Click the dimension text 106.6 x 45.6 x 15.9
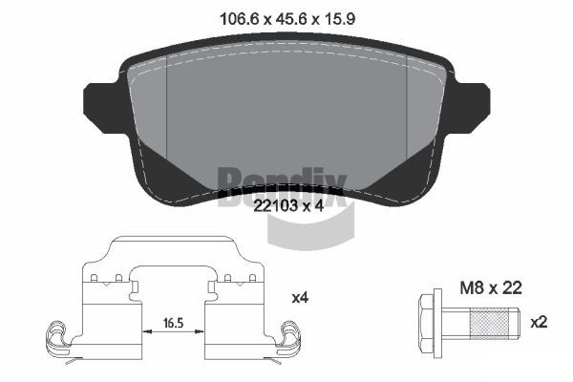(x=287, y=19)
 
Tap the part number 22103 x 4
(x=288, y=206)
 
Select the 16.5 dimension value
(x=173, y=323)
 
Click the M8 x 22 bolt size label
(x=491, y=288)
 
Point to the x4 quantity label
(x=300, y=298)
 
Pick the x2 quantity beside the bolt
(x=539, y=323)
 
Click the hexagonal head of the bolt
(x=426, y=323)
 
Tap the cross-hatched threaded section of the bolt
(x=489, y=323)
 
